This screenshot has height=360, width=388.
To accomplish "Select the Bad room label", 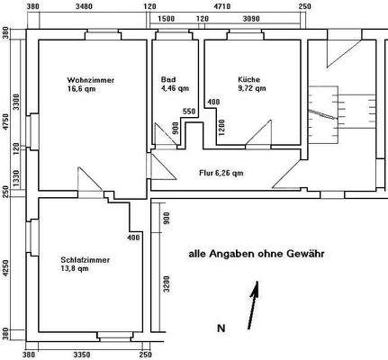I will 167,78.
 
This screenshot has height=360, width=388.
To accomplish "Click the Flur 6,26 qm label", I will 221,173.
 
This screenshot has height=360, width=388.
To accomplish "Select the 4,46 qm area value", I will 175,88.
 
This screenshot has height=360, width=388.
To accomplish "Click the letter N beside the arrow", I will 221,328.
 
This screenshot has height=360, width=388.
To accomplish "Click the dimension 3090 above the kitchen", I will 251,18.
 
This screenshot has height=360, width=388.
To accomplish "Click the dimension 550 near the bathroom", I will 188,111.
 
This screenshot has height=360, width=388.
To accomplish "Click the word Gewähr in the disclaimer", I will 306,255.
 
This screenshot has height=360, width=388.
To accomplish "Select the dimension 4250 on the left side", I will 6,267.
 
